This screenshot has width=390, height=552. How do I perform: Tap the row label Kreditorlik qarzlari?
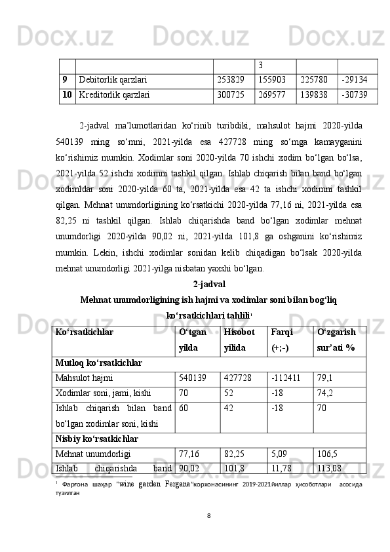[114, 94]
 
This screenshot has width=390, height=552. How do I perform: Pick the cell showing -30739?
[359, 94]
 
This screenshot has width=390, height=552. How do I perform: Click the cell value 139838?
[314, 94]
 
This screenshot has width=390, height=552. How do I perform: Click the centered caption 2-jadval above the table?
[209, 266]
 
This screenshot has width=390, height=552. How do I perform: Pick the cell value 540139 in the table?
[192, 378]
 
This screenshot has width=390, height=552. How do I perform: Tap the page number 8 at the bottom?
[208, 533]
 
